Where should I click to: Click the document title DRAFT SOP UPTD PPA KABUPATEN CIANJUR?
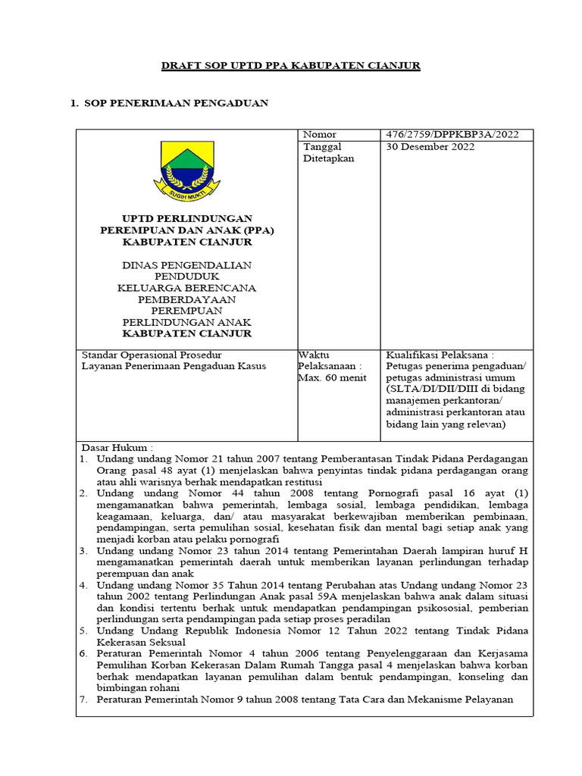291,66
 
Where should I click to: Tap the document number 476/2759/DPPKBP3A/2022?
452,135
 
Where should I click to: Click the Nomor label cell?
320,135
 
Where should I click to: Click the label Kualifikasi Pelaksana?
440,354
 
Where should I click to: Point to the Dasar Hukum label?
117,448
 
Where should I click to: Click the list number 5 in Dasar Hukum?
84,630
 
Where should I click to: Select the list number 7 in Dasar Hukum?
84,699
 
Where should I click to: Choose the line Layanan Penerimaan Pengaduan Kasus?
174,366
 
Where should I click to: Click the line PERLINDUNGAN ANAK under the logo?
187,322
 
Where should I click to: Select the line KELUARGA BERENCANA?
187,288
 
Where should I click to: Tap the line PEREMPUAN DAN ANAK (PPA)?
187,230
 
